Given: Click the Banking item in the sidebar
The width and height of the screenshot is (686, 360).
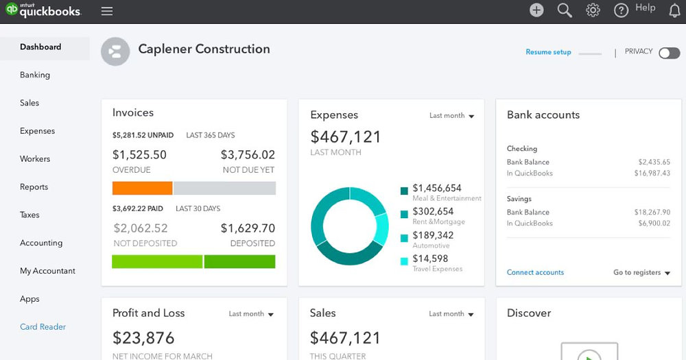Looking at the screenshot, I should click(35, 75).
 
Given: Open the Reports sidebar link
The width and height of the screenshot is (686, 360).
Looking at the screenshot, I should click(34, 187).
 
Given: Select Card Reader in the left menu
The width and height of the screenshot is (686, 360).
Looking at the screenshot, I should click(43, 326).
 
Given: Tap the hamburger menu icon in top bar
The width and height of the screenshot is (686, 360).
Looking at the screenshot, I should click(106, 11).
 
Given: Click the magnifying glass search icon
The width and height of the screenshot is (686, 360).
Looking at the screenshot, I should click(565, 10).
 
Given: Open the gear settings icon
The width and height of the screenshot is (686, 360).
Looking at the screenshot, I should click(593, 10).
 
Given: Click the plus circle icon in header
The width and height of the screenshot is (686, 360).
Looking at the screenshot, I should click(536, 10).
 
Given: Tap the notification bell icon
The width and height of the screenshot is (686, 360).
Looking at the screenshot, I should click(674, 10).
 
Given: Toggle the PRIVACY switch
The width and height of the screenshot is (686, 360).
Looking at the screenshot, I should click(669, 53).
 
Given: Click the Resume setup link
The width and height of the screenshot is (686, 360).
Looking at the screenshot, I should click(548, 52).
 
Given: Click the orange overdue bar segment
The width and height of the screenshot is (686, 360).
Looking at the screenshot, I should click(142, 188).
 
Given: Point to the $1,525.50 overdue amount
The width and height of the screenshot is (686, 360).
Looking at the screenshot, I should click(139, 155).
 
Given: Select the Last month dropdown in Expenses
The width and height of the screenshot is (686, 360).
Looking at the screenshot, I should click(451, 116).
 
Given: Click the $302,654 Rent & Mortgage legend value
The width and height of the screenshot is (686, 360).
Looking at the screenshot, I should click(433, 212).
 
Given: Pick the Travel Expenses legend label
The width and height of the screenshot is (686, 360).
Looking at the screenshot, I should click(437, 269).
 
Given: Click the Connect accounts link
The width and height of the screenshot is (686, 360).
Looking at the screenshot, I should click(535, 272).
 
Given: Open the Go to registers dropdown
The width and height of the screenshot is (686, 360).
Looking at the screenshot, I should click(641, 272).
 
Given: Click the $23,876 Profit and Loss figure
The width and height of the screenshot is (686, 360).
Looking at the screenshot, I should click(143, 337).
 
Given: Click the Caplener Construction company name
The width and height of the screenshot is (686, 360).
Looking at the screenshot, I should click(204, 49).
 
